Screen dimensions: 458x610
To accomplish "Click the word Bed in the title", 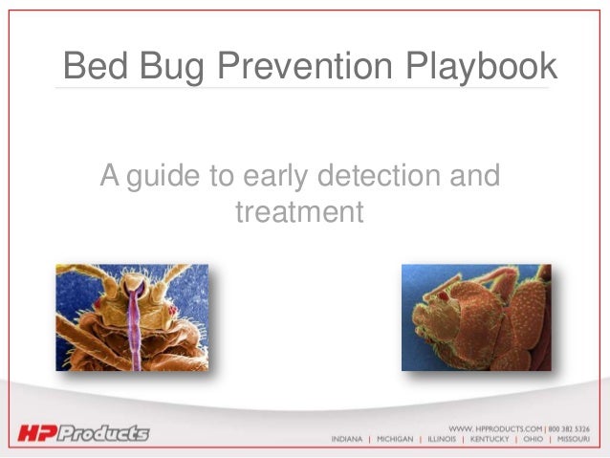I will coord(94,67).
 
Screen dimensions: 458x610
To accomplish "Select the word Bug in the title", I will coord(170,67).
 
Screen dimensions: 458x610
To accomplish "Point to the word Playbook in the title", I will coord(485,67).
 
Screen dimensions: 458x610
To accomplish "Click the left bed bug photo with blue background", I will coord(132,317).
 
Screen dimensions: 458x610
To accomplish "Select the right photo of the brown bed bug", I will coord(476,317).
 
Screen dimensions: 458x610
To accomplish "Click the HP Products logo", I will coord(84,434).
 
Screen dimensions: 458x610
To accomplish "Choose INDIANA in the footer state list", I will coord(347,441).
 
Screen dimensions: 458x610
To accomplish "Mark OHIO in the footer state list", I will coord(532,441).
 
